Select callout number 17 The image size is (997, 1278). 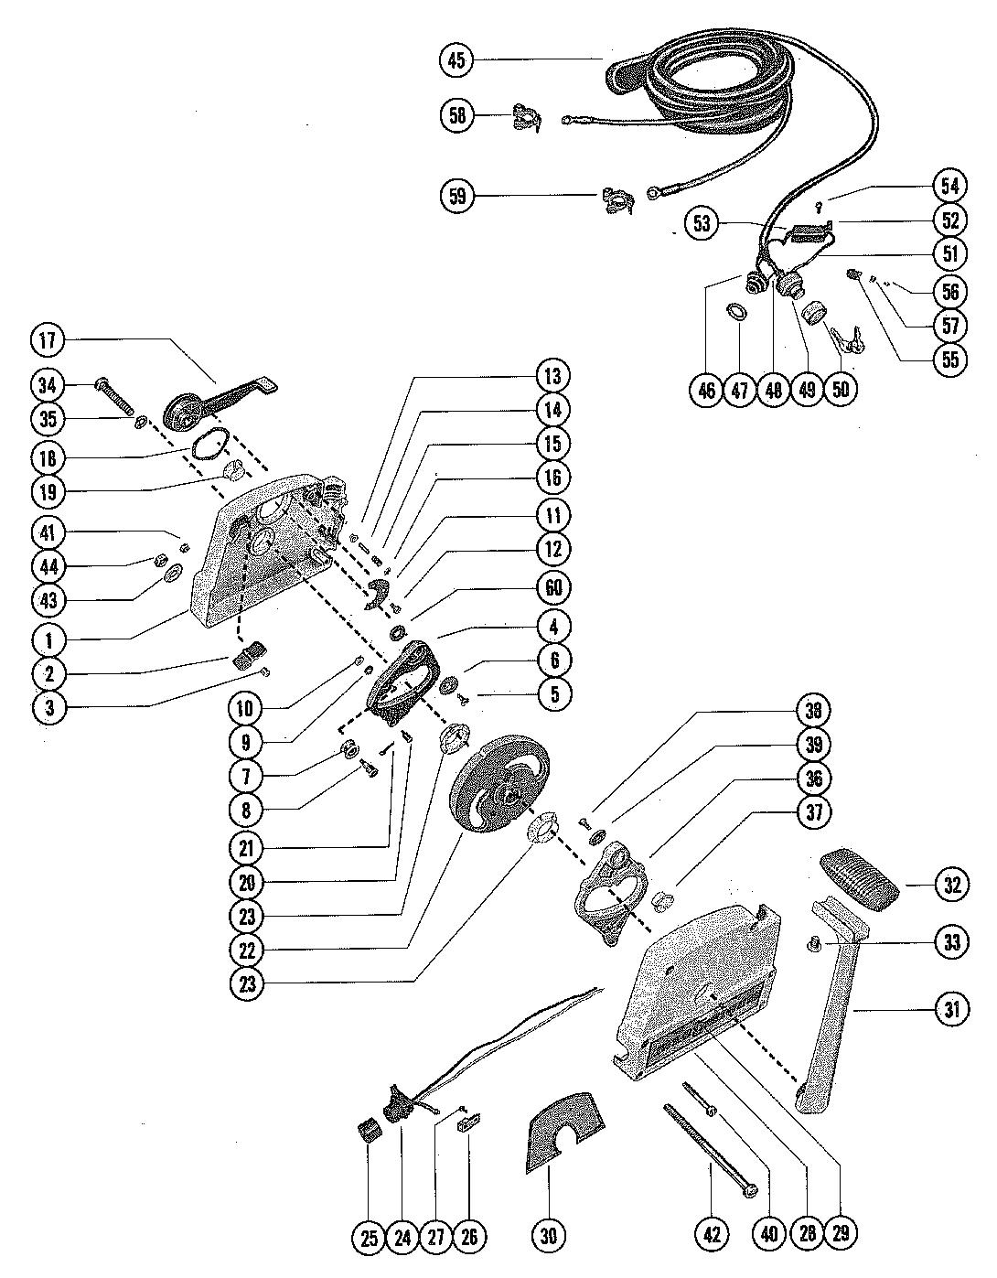pyautogui.click(x=47, y=341)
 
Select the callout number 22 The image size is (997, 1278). pyautogui.click(x=247, y=950)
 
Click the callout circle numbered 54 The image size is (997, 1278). pyautogui.click(x=949, y=186)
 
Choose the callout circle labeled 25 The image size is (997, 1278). pyautogui.click(x=370, y=1239)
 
